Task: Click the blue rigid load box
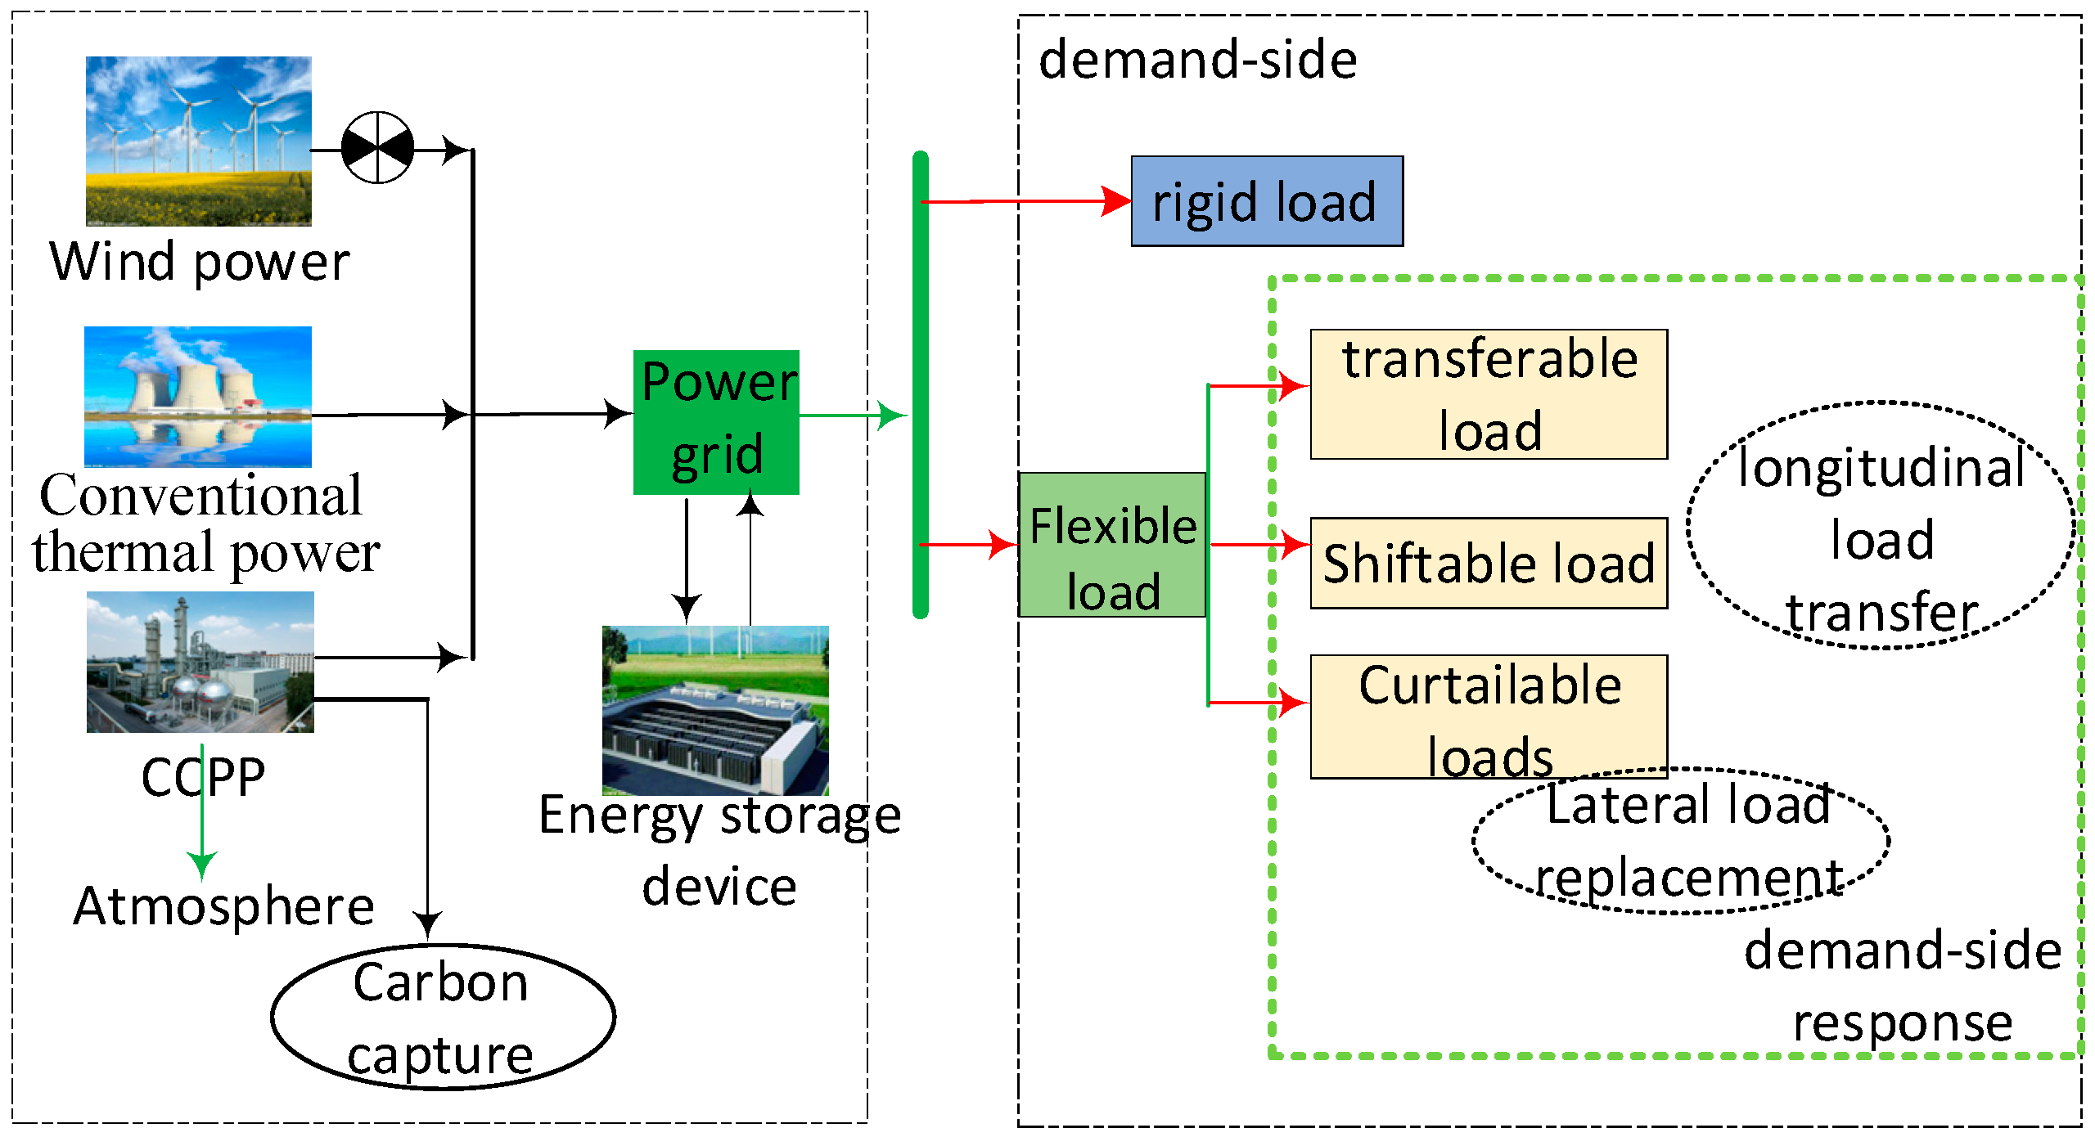click(x=1266, y=201)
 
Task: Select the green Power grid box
click(x=716, y=422)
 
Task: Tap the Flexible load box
click(x=1112, y=545)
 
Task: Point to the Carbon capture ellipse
click(x=442, y=1017)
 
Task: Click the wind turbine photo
click(x=199, y=141)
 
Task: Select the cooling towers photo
click(x=198, y=397)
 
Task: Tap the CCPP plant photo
click(x=200, y=662)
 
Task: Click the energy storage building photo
click(x=715, y=710)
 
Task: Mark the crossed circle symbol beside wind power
click(x=377, y=148)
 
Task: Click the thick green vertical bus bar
click(x=921, y=384)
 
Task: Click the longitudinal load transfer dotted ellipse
click(x=1881, y=525)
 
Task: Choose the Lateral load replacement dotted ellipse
click(x=1681, y=841)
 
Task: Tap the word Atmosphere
click(x=223, y=906)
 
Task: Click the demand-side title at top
click(x=1197, y=61)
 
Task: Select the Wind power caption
click(x=200, y=262)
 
